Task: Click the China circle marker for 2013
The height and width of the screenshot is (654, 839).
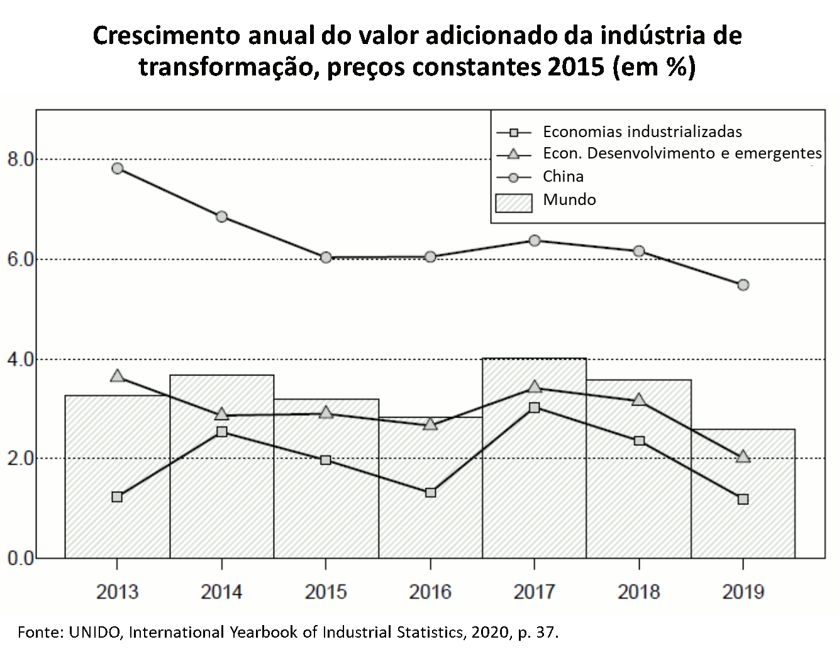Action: pyautogui.click(x=117, y=168)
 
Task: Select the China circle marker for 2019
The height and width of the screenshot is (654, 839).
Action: pyautogui.click(x=743, y=285)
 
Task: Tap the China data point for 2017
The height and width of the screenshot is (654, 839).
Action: pyautogui.click(x=534, y=240)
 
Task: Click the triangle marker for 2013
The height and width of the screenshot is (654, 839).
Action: pyautogui.click(x=117, y=376)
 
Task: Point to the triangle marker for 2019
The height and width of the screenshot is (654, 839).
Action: pyautogui.click(x=743, y=457)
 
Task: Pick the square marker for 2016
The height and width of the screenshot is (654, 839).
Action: pyautogui.click(x=430, y=492)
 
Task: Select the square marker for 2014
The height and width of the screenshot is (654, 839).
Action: pyautogui.click(x=221, y=431)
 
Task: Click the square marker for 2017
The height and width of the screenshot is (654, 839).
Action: pyautogui.click(x=534, y=407)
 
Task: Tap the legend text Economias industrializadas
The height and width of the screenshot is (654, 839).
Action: pyautogui.click(x=642, y=131)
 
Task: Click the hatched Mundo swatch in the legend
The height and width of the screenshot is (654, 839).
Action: pyautogui.click(x=513, y=202)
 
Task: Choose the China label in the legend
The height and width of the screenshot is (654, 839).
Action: pyautogui.click(x=563, y=177)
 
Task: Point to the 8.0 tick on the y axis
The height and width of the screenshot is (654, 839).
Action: pyautogui.click(x=19, y=159)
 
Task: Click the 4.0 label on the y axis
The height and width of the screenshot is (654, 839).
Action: pyautogui.click(x=19, y=359)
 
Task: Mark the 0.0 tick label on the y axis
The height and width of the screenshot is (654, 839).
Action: pyautogui.click(x=19, y=558)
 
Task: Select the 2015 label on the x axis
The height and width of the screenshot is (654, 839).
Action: pyautogui.click(x=326, y=592)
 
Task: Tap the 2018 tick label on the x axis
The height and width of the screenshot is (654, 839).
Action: pyautogui.click(x=638, y=592)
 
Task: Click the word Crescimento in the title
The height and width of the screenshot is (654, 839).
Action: pyautogui.click(x=165, y=36)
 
